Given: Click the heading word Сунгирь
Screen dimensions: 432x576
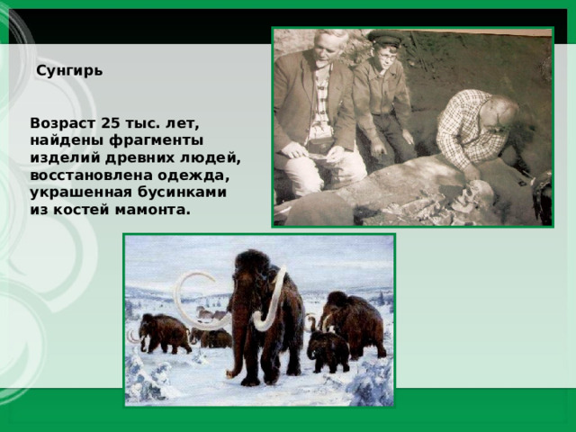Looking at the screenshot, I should [x=69, y=70].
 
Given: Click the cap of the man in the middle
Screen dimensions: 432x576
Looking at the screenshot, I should [x=383, y=38].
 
